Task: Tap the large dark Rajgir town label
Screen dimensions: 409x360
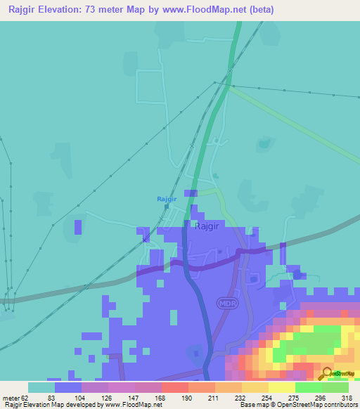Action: [x=208, y=226]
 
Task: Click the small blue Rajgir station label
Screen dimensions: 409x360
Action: [x=166, y=199]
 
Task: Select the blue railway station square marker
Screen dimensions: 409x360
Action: [x=166, y=207]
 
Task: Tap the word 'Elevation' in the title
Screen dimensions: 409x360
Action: [x=69, y=10]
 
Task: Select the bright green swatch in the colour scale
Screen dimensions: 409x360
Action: [x=308, y=387]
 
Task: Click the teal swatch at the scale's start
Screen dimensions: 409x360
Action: [x=41, y=387]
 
